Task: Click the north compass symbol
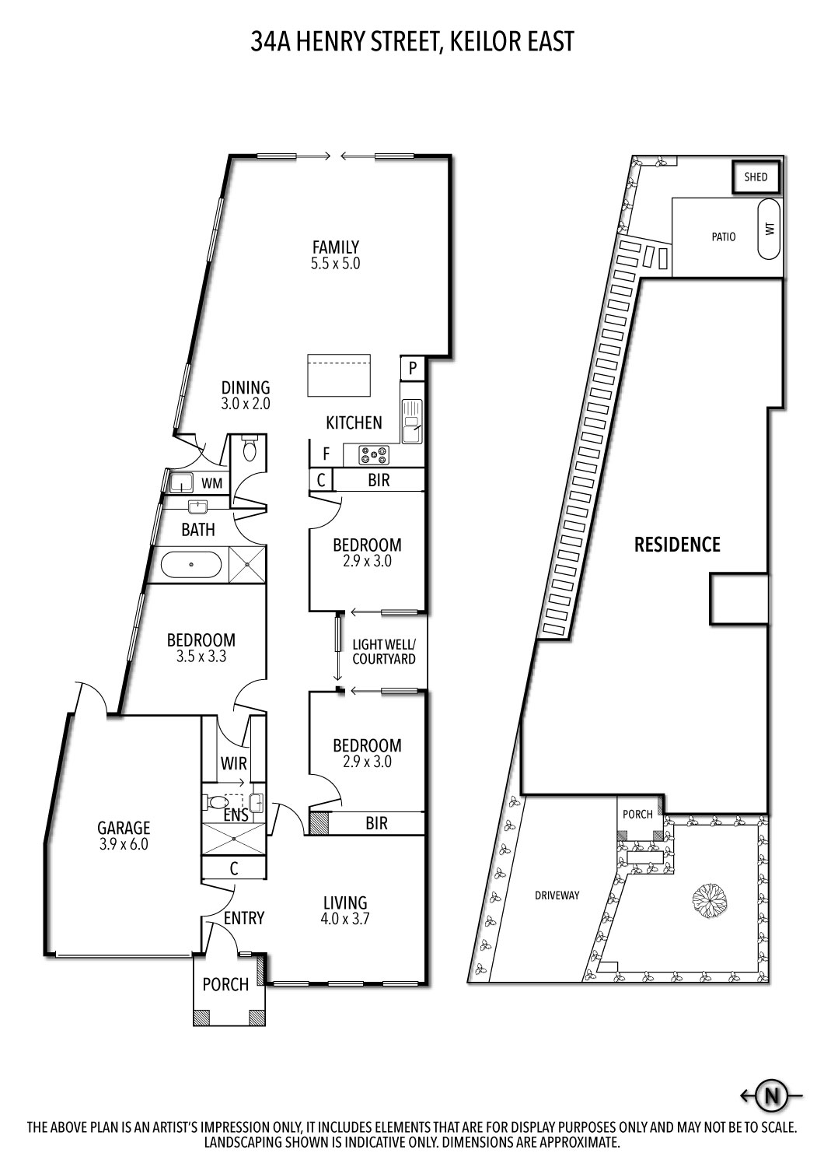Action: point(771,1096)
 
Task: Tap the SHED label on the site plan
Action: point(756,177)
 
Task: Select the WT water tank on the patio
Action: point(770,230)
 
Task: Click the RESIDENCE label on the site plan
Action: point(677,545)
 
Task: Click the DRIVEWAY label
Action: point(557,895)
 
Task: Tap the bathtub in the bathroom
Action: point(190,564)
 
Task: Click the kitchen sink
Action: point(411,421)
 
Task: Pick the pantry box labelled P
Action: point(413,368)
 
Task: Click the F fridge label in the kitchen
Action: point(326,454)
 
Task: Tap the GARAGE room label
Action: point(124,829)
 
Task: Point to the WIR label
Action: point(233,764)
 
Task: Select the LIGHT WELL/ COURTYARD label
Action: point(384,652)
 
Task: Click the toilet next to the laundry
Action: point(250,449)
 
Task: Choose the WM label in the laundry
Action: point(211,484)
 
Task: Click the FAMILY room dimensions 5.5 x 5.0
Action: point(335,264)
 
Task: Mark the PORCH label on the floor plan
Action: point(225,984)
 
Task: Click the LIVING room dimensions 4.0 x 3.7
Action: point(345,918)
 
